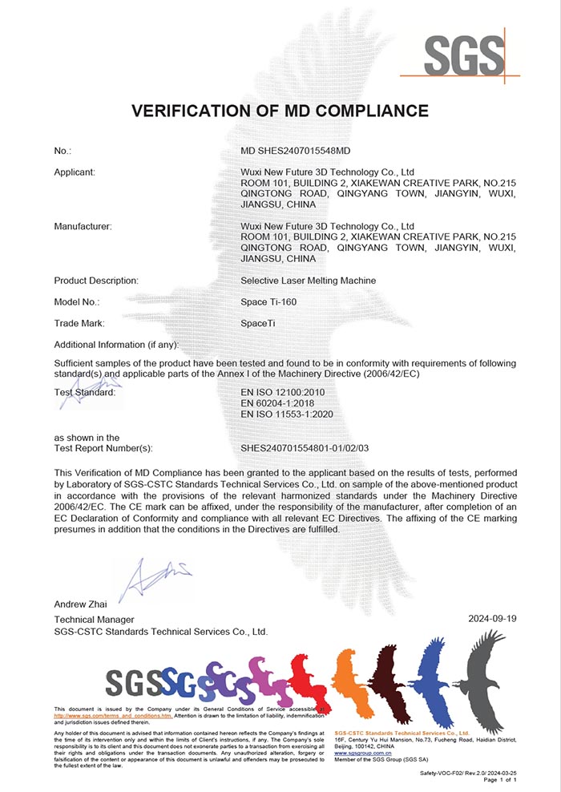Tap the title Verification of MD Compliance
click(x=280, y=111)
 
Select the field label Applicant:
click(x=75, y=172)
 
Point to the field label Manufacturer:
click(x=83, y=226)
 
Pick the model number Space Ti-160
click(x=268, y=302)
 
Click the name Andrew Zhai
click(x=80, y=603)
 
